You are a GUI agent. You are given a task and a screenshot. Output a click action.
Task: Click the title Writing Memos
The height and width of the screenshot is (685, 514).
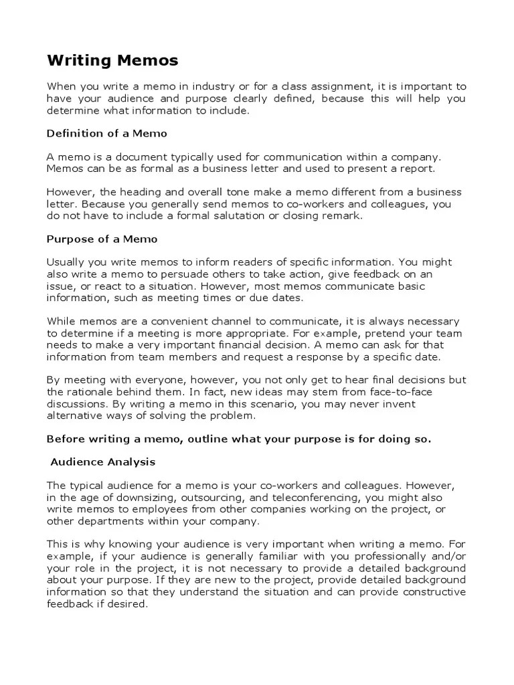tap(112, 61)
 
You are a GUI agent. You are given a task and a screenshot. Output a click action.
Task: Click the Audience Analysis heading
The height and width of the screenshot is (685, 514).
tap(103, 462)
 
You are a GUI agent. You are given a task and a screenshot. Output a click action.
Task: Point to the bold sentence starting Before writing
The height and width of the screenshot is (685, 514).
tap(239, 439)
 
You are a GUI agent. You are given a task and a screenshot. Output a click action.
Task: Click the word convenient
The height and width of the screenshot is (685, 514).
tap(173, 321)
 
